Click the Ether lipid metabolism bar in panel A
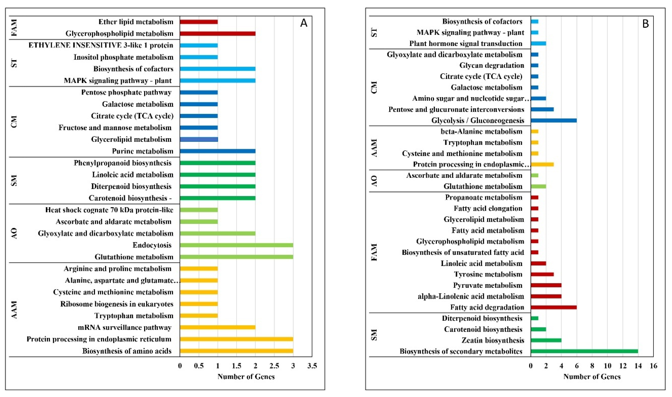(x=199, y=22)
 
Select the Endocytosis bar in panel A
(x=236, y=245)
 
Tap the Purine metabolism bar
(x=217, y=151)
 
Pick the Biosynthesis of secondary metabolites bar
(x=584, y=351)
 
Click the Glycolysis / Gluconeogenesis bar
(x=553, y=120)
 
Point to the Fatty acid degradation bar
(x=553, y=307)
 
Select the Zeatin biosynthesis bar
(x=546, y=340)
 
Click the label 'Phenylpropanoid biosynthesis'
(x=123, y=163)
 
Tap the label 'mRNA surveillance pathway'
(x=125, y=327)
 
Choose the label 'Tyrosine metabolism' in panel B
(x=488, y=274)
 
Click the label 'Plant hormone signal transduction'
(x=466, y=44)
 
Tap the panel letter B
(x=645, y=24)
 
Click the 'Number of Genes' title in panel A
(x=246, y=377)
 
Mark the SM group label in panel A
(x=14, y=180)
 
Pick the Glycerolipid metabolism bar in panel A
(x=199, y=139)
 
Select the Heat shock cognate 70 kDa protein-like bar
(x=199, y=210)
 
